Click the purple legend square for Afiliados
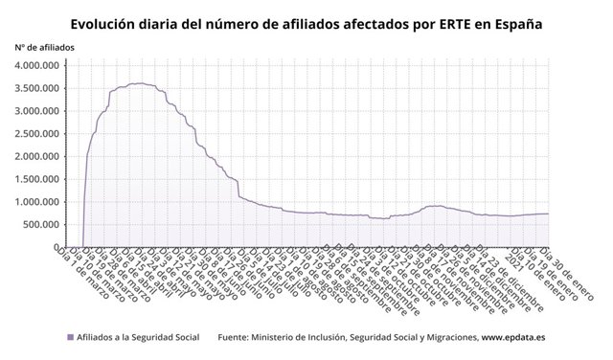pos(70,337)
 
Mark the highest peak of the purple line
pos(140,83)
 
